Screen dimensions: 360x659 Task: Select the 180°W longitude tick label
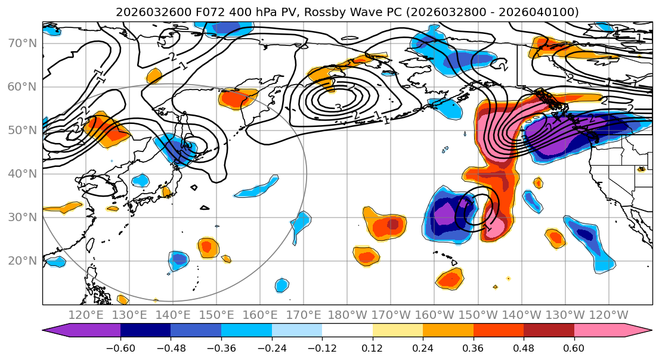tap(347, 315)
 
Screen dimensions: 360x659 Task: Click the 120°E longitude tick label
tap(86, 315)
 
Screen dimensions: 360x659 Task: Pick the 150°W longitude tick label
tap(478, 315)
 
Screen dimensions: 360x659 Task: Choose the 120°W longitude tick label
tap(608, 315)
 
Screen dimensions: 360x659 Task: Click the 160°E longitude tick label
tap(261, 315)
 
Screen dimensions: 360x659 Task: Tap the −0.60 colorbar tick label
tap(120, 347)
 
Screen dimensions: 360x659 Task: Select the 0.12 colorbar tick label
tap(373, 347)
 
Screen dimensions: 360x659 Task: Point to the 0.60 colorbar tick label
tap(574, 347)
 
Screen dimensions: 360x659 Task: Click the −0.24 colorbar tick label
tap(271, 347)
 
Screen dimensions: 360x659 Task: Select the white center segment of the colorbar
tap(347, 331)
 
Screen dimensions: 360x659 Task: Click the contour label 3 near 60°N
tap(338, 108)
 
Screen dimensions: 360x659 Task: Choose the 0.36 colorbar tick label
tap(474, 347)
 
